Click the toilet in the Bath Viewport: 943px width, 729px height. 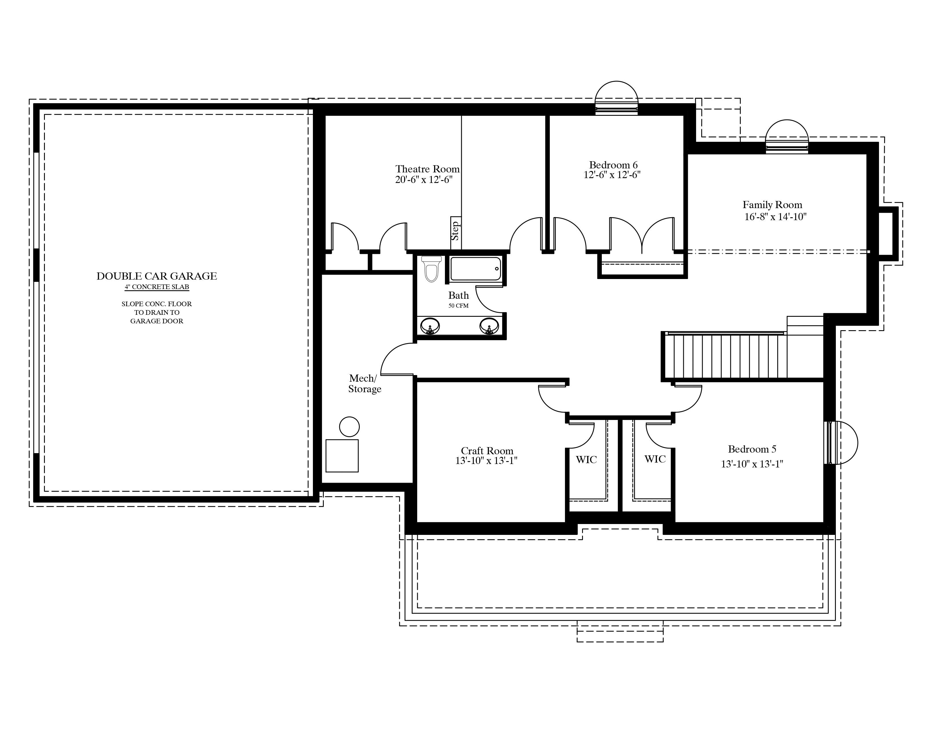click(x=431, y=269)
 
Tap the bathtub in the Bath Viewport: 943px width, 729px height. click(x=476, y=269)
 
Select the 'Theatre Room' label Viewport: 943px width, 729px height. click(x=427, y=169)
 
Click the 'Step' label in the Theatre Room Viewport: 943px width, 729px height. click(x=455, y=231)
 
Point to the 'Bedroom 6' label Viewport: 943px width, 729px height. click(x=613, y=165)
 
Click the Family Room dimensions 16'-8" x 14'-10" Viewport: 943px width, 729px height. click(x=776, y=216)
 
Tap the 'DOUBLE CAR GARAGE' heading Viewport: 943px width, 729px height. click(x=157, y=276)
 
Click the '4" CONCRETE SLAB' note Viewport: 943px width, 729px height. click(x=157, y=287)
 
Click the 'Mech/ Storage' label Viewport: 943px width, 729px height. click(x=365, y=383)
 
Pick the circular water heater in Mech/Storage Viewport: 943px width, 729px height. click(x=349, y=427)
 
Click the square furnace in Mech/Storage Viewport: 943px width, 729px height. click(x=342, y=456)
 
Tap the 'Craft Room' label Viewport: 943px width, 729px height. click(x=487, y=451)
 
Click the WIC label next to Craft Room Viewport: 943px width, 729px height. click(x=586, y=459)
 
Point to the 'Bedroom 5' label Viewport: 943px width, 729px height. click(x=752, y=449)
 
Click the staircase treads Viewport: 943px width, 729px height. click(x=725, y=357)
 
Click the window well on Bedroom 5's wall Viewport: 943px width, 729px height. click(x=841, y=443)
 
